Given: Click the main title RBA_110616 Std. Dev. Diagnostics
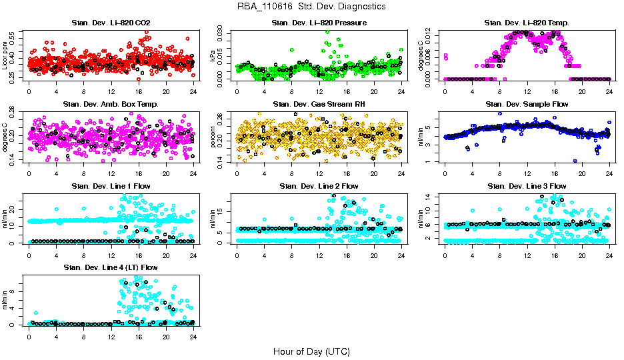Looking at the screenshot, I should pyautogui.click(x=311, y=7).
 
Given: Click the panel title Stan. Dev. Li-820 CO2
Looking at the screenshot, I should pyautogui.click(x=111, y=23).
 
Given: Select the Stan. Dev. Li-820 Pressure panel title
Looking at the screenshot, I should pyautogui.click(x=319, y=23).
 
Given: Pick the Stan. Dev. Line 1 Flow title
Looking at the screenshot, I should pyautogui.click(x=111, y=186).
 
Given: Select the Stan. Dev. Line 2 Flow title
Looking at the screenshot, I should pyautogui.click(x=319, y=186).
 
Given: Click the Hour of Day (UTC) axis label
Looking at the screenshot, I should pyautogui.click(x=311, y=351).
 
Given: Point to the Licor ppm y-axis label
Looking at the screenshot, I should pyautogui.click(x=5, y=55).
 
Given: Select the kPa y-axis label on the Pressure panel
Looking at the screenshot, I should pyautogui.click(x=213, y=56).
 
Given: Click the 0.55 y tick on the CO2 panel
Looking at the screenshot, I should pyautogui.click(x=15, y=33).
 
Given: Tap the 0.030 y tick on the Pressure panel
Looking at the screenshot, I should pyautogui.click(x=223, y=32).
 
